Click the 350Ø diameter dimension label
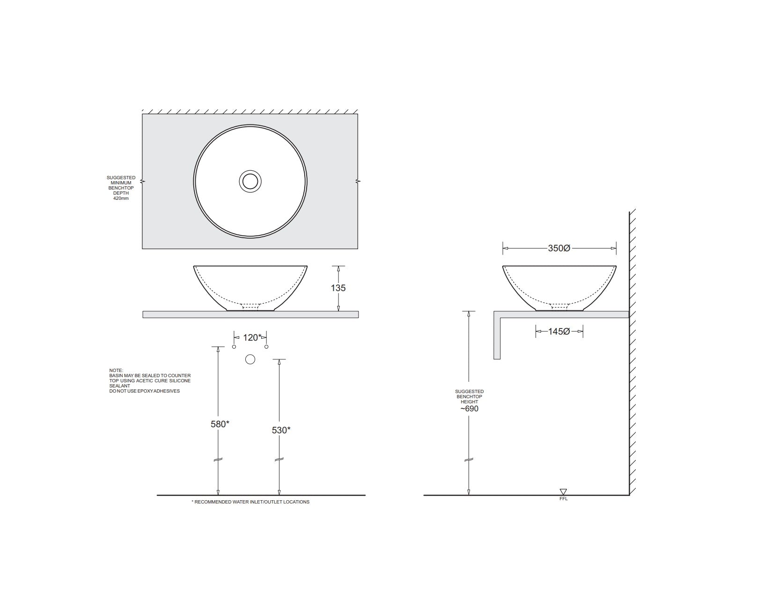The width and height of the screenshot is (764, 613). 559,248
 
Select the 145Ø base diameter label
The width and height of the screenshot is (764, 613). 559,332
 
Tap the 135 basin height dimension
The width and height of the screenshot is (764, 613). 338,288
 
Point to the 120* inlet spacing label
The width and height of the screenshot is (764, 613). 252,338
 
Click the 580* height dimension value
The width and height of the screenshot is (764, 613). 220,424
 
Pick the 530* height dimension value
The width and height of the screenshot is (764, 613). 281,430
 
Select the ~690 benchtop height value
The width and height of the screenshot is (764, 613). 469,409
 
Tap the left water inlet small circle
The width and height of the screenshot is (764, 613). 234,347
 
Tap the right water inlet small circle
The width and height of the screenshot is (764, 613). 266,347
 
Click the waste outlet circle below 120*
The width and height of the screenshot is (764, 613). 250,359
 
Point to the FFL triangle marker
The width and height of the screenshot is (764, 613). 563,492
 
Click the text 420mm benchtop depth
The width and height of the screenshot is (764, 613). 121,198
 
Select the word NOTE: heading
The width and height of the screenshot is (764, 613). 116,371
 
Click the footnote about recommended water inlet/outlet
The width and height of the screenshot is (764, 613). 250,502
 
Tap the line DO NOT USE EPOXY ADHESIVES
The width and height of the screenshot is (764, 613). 144,391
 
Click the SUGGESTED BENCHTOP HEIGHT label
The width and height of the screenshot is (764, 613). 469,397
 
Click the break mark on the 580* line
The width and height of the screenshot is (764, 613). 218,460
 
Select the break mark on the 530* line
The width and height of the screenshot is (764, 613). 279,460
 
